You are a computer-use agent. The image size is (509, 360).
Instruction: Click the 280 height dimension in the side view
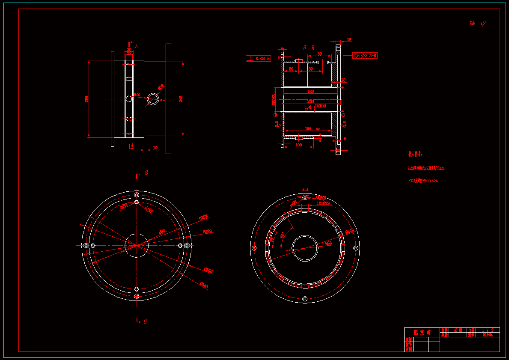pyautogui.click(x=87, y=99)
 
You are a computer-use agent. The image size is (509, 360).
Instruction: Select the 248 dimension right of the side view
pyautogui.click(x=181, y=99)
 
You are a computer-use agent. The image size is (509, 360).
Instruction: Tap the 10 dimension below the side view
pyautogui.click(x=155, y=148)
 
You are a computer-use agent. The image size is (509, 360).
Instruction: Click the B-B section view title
pyautogui.click(x=309, y=48)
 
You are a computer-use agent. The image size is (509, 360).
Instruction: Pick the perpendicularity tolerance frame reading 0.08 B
pyautogui.click(x=258, y=58)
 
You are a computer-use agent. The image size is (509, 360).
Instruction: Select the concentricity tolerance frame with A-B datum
pyautogui.click(x=364, y=55)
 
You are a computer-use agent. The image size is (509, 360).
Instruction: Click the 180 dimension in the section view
pyautogui.click(x=311, y=91)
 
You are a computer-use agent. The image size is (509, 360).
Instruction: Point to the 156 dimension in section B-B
pyautogui.click(x=308, y=128)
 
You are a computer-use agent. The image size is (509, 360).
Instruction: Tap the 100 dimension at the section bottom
pyautogui.click(x=298, y=145)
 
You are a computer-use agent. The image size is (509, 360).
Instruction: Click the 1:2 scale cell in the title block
pyautogui.click(x=488, y=330)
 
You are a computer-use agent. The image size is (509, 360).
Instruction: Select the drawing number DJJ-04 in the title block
pyautogui.click(x=488, y=335)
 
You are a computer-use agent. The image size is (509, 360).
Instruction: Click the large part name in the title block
pyautogui.click(x=421, y=332)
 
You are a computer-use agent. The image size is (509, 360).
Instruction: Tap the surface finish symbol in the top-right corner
pyautogui.click(x=483, y=24)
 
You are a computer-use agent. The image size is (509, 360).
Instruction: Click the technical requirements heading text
pyautogui.click(x=415, y=154)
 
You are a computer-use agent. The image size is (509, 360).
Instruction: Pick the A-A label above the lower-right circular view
pyautogui.click(x=305, y=189)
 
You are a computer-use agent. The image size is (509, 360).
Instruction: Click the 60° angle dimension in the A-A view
pyautogui.click(x=283, y=235)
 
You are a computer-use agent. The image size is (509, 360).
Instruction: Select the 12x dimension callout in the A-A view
pyautogui.click(x=323, y=203)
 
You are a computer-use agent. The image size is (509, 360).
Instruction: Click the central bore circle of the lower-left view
pyautogui.click(x=136, y=245)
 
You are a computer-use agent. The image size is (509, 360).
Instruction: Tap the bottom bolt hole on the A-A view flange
pyautogui.click(x=305, y=299)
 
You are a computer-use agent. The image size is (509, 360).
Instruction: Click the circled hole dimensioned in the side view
pyautogui.click(x=153, y=98)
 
